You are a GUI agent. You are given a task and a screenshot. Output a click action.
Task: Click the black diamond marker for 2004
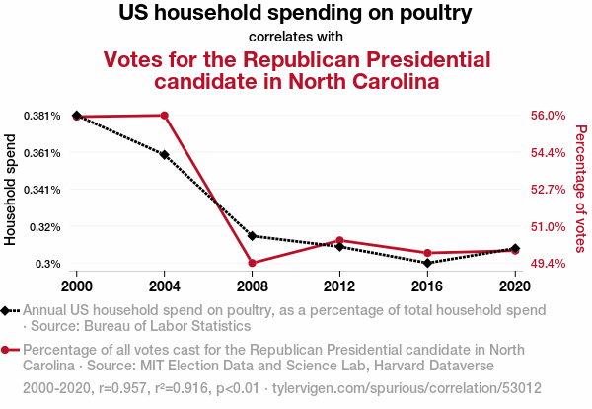click(164, 154)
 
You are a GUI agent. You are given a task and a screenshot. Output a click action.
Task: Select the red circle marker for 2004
click(164, 116)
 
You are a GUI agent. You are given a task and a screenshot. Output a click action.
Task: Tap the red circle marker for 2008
click(253, 263)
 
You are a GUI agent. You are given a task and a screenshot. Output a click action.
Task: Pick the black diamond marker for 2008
click(253, 236)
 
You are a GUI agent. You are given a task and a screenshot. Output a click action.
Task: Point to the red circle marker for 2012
click(339, 240)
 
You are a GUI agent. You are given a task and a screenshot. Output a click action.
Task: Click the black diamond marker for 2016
click(427, 263)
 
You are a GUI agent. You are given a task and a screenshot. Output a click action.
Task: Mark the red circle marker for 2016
click(427, 253)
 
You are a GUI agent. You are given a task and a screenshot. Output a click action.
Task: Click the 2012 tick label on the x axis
click(339, 286)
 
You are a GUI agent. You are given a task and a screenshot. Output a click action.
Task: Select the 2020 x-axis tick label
click(515, 286)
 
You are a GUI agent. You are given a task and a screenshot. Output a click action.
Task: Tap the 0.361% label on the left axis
click(41, 153)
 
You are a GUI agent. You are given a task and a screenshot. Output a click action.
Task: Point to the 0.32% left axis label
click(45, 227)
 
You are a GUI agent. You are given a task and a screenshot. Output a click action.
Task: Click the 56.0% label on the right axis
click(549, 116)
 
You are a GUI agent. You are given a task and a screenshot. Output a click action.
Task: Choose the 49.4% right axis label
click(549, 264)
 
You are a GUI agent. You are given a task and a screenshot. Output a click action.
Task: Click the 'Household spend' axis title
click(10, 190)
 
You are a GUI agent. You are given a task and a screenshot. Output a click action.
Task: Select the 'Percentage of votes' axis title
click(581, 189)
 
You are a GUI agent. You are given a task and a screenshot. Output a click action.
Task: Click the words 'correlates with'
click(296, 37)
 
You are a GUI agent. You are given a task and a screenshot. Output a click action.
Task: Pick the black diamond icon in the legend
click(5, 311)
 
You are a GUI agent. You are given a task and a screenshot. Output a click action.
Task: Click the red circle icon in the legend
click(5, 350)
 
